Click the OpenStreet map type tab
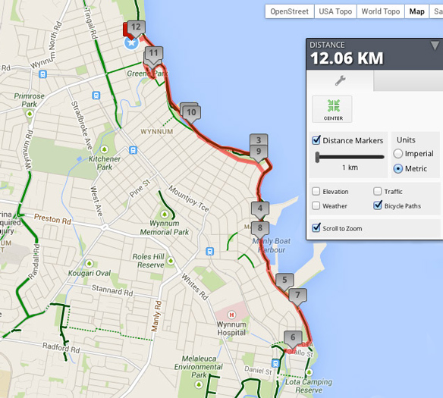pyautogui.click(x=289, y=11)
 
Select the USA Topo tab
pyautogui.click(x=335, y=11)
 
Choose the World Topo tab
pyautogui.click(x=381, y=11)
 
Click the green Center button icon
pyautogui.click(x=332, y=108)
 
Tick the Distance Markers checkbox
pyautogui.click(x=316, y=140)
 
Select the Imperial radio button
pyautogui.click(x=398, y=154)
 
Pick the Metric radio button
pyautogui.click(x=398, y=168)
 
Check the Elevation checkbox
pyautogui.click(x=316, y=192)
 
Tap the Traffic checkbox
pyautogui.click(x=378, y=192)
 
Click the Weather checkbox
pyautogui.click(x=316, y=205)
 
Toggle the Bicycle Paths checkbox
pyautogui.click(x=378, y=205)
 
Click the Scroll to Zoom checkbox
pyautogui.click(x=316, y=228)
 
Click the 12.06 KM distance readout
pyautogui.click(x=347, y=58)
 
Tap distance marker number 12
pyautogui.click(x=135, y=27)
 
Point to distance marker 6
pyautogui.click(x=292, y=337)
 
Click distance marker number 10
pyautogui.click(x=191, y=112)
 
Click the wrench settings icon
pyautogui.click(x=340, y=80)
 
